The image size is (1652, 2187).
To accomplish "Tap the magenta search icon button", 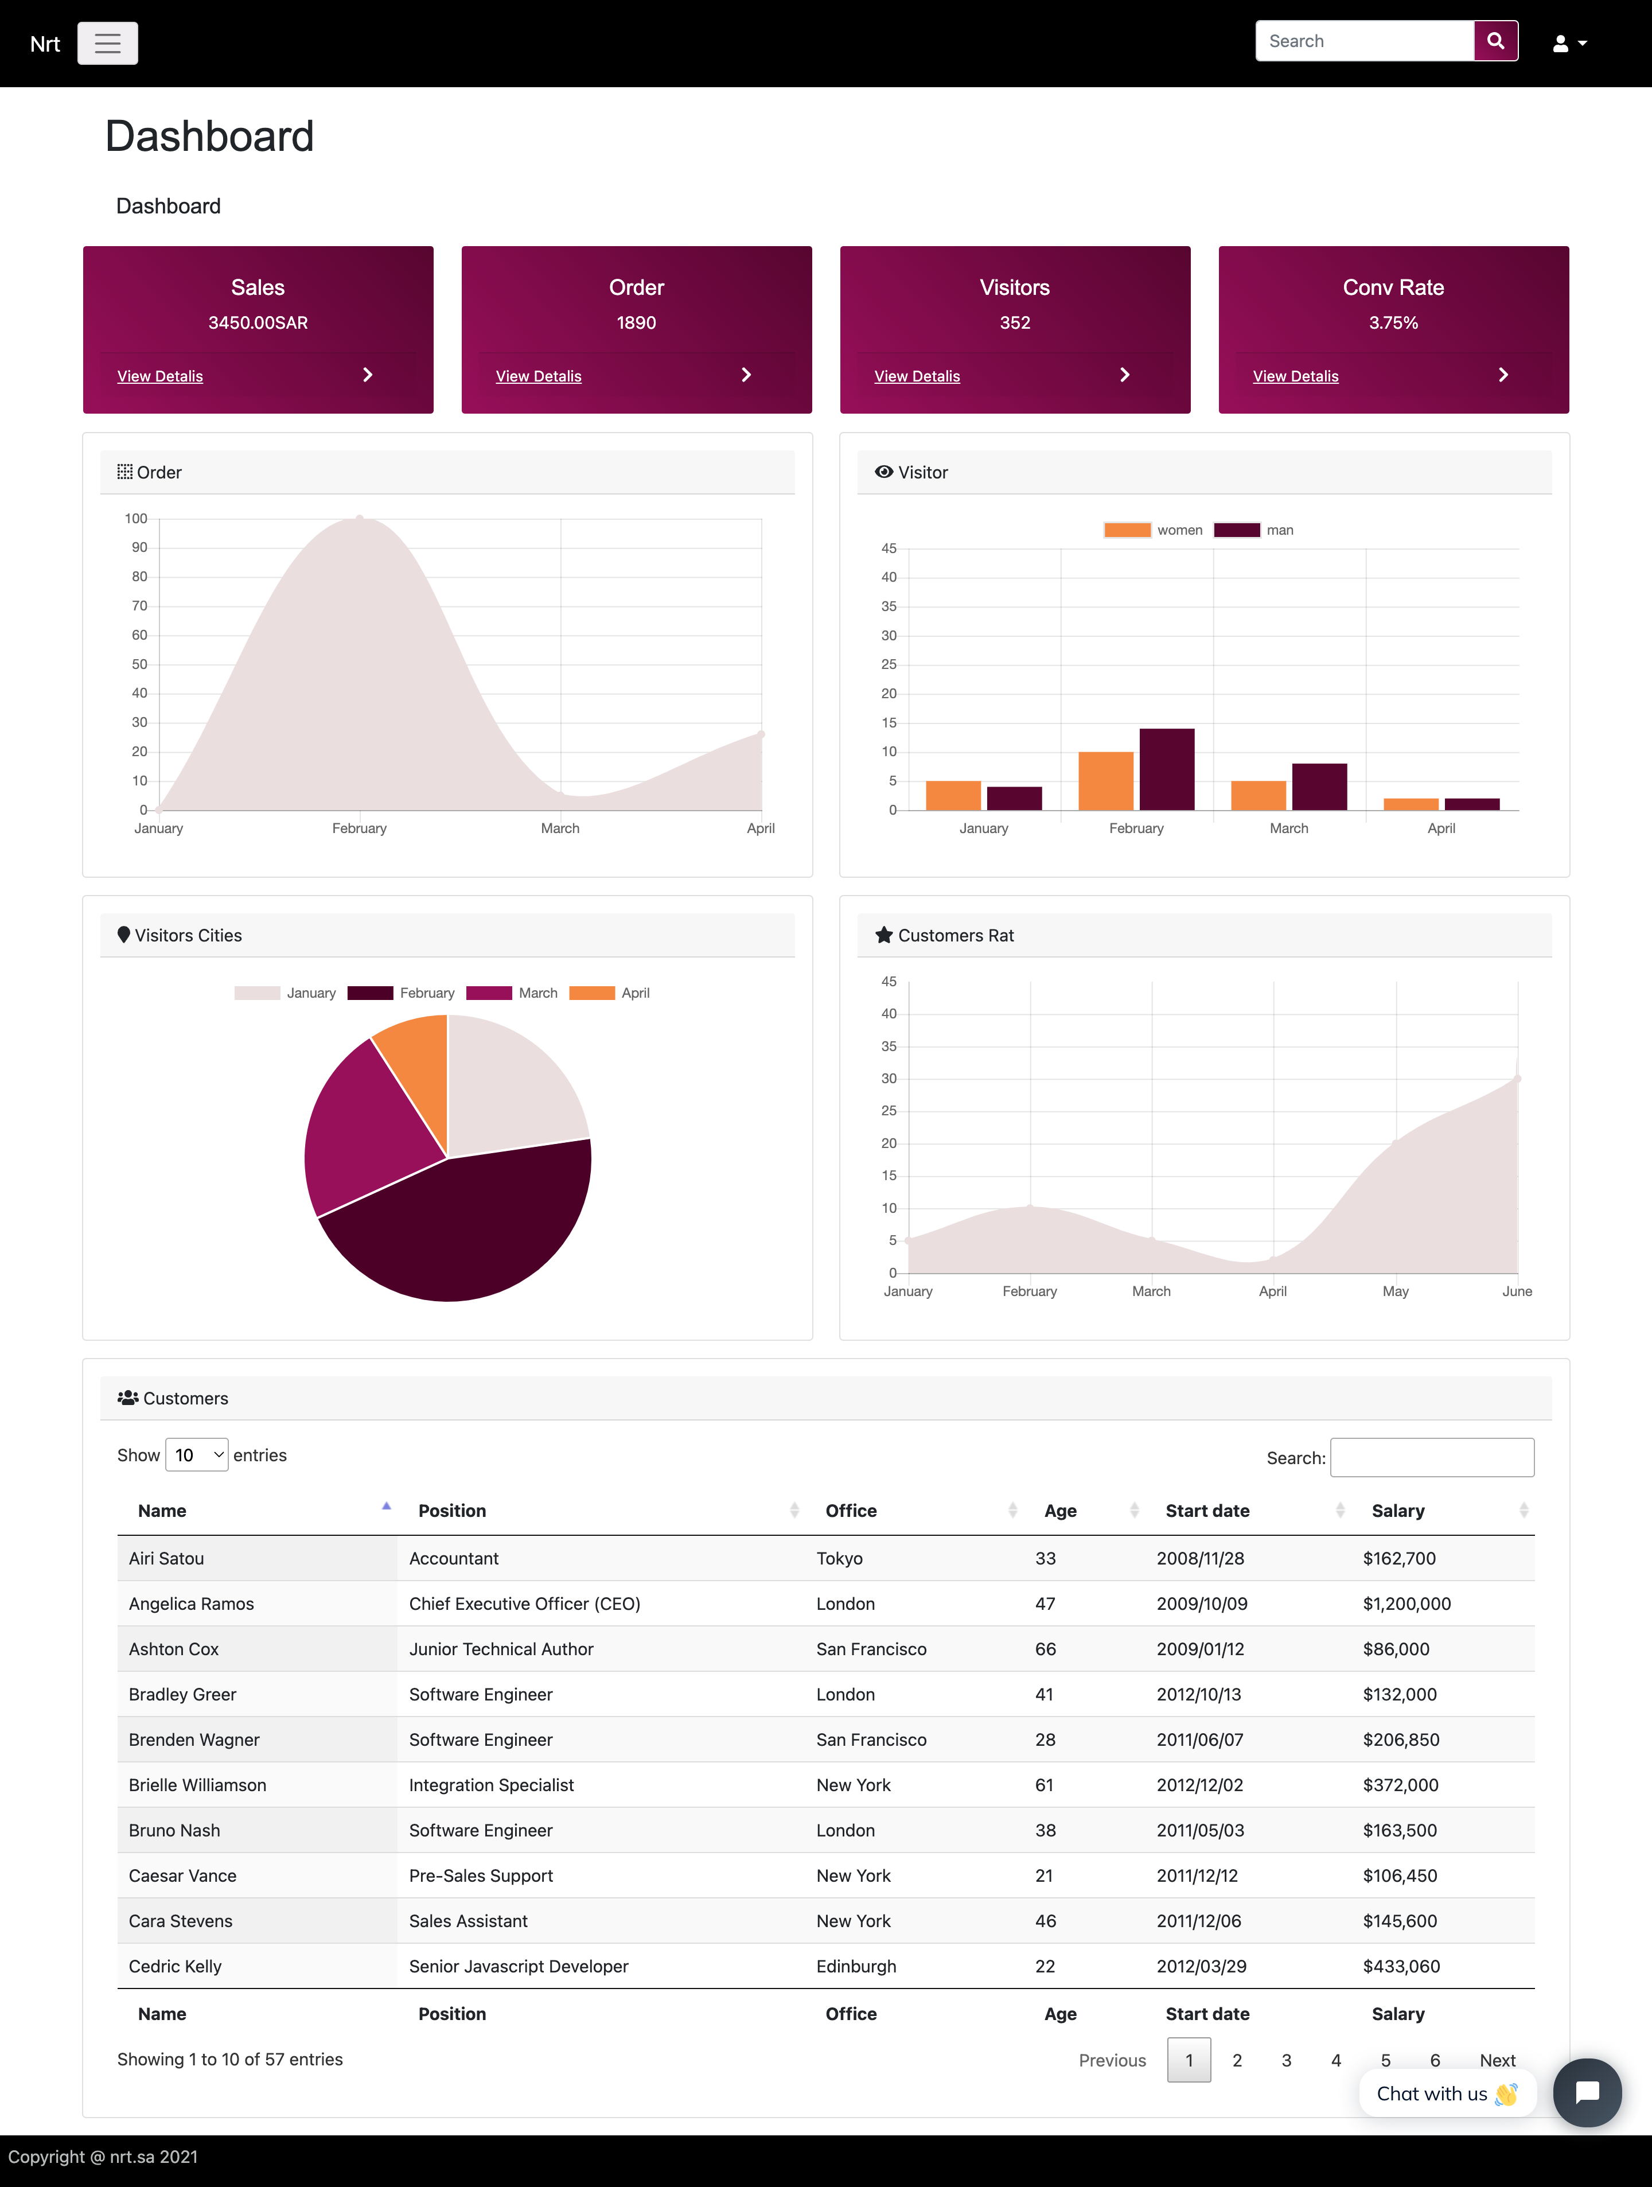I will click(1495, 41).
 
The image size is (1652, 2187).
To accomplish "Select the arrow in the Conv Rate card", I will click(1503, 375).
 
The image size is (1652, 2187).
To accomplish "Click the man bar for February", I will click(1167, 769).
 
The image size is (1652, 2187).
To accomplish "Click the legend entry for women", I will click(1153, 530).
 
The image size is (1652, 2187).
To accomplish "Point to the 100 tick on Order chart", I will click(137, 518).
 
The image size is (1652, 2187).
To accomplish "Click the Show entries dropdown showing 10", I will click(197, 1454).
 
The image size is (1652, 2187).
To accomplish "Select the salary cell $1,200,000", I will click(1406, 1604).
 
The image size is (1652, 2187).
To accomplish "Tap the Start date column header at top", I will click(1206, 1511).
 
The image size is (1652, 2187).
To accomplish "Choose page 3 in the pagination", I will click(1285, 2060).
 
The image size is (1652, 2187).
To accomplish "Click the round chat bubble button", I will click(1586, 2092).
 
